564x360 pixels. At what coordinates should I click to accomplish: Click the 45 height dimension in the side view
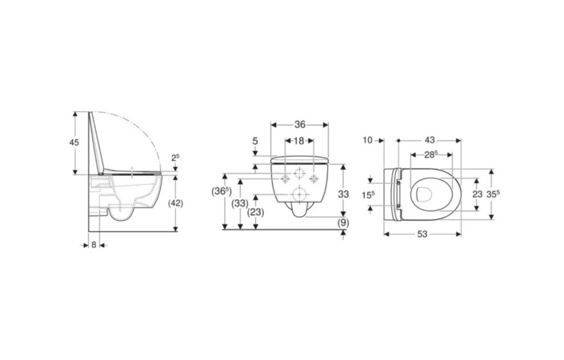pos(74,142)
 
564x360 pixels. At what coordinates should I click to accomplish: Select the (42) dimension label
pos(176,203)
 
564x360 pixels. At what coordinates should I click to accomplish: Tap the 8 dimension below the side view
pos(94,245)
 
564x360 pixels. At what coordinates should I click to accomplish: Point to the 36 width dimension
pos(300,125)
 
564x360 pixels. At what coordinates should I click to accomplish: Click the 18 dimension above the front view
pos(299,141)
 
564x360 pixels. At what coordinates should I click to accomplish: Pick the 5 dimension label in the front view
pos(255,141)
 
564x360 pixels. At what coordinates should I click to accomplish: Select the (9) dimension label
pos(343,223)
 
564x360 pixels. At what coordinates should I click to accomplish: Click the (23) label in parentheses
pos(256,212)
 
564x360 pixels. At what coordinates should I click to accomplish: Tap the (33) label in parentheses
pos(240,203)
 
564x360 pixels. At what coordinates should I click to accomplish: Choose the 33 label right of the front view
pos(343,194)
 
